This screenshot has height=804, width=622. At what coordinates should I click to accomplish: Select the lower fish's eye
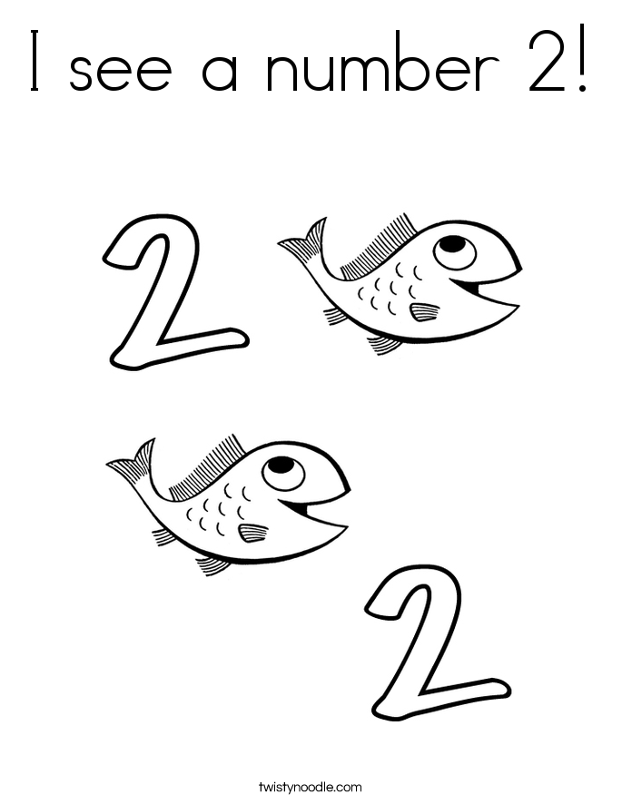281,470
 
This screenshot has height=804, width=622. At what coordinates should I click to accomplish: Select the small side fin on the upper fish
424,312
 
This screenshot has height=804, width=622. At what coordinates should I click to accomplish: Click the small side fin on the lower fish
252,533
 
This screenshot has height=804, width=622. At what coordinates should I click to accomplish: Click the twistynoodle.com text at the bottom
311,786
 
